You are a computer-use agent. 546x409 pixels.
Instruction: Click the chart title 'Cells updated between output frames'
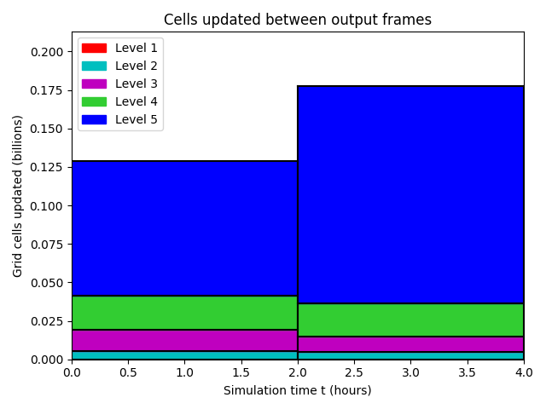[x=298, y=20]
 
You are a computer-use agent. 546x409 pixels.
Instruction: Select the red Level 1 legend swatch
[x=94, y=48]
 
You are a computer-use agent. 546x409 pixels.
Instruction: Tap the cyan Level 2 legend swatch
[x=94, y=66]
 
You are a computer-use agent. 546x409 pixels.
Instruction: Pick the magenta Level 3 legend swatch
[x=94, y=84]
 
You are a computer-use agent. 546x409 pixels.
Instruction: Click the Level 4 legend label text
[x=136, y=101]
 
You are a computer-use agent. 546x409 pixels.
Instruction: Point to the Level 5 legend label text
[x=136, y=119]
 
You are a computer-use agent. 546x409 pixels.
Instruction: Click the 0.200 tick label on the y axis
[x=47, y=52]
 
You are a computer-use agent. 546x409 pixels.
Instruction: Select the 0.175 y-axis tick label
[x=47, y=91]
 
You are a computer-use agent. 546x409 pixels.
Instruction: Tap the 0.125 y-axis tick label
[x=47, y=168]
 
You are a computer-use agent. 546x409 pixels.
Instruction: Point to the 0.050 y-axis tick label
[x=47, y=283]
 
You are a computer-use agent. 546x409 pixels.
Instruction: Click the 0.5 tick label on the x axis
[x=128, y=373]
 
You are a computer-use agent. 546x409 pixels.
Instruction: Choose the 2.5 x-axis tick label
[x=354, y=373]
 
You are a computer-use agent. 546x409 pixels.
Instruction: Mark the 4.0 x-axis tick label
[x=524, y=373]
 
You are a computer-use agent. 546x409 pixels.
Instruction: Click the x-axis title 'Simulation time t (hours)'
[x=298, y=390]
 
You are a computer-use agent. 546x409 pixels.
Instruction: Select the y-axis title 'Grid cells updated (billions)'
[x=17, y=196]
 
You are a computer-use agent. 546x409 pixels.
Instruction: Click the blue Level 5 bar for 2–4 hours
[x=411, y=195]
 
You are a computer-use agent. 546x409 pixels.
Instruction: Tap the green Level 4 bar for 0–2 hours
[x=184, y=313]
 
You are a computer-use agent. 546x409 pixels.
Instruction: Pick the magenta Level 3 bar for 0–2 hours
[x=184, y=341]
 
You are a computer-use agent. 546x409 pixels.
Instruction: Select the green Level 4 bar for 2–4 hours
[x=411, y=320]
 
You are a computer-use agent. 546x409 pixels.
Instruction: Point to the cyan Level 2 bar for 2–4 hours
[x=411, y=356]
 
